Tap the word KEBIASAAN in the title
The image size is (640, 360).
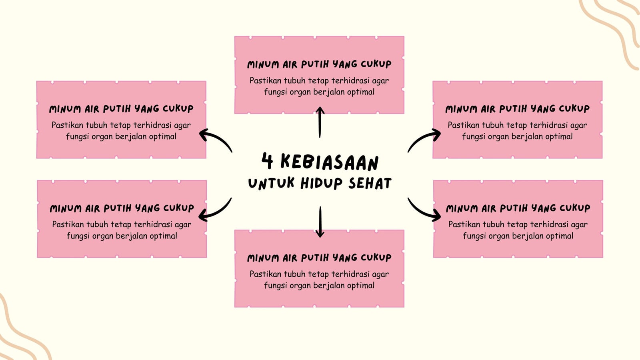330,162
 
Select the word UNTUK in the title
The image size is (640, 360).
271,183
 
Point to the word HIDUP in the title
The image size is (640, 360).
322,184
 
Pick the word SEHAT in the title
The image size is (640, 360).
370,183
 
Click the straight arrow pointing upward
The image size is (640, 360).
320,122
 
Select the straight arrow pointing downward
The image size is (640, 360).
320,222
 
